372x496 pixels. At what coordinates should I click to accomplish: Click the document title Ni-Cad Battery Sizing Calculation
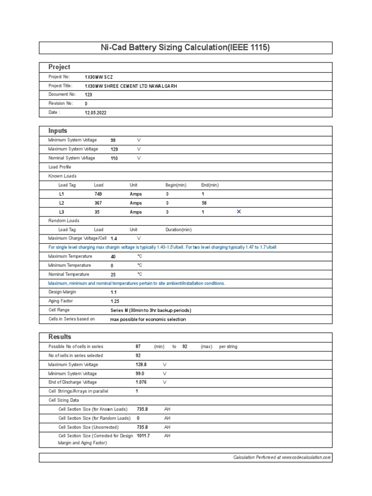186,47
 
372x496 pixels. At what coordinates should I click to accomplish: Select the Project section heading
59,67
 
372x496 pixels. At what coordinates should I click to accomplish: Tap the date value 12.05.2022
95,113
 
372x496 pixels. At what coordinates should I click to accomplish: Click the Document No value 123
88,95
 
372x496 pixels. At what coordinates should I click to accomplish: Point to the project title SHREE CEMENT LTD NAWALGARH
131,86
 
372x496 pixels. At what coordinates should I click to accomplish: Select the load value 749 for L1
98,194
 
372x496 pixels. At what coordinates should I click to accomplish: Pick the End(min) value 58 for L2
204,203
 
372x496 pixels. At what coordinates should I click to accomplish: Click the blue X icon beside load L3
238,212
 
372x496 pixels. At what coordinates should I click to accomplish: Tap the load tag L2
62,203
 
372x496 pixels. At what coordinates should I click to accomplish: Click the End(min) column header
210,185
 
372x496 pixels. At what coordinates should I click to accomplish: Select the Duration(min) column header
178,230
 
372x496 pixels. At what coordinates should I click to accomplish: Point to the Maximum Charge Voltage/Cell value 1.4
114,239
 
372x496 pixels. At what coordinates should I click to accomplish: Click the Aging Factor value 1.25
115,301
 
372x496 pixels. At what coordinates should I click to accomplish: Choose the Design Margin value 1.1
113,293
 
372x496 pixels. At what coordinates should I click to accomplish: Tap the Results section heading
60,337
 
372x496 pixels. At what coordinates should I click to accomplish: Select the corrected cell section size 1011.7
143,436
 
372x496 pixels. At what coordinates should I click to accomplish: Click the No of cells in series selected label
76,356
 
